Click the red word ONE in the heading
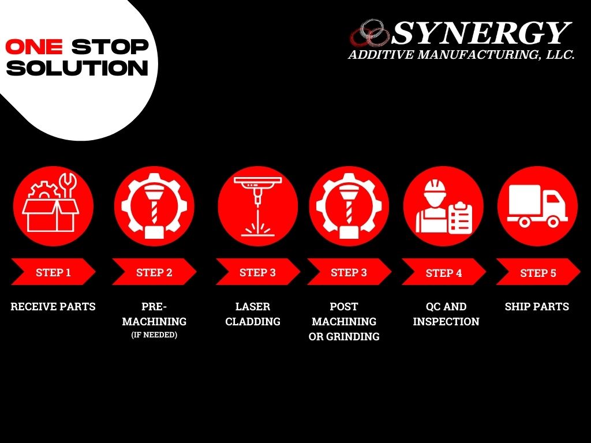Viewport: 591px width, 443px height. tap(33, 47)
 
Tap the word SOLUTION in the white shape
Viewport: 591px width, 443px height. tap(78, 68)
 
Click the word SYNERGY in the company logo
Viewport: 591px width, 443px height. tap(481, 33)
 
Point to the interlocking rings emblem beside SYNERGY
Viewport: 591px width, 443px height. tap(371, 33)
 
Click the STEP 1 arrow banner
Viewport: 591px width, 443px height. tap(53, 272)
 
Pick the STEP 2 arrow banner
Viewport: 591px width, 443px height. tap(154, 272)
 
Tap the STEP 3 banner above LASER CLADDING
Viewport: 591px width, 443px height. tap(257, 272)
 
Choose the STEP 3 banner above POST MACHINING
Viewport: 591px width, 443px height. tap(349, 272)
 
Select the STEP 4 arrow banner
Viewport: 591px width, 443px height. tap(443, 273)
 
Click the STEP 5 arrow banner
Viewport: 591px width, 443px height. tap(538, 273)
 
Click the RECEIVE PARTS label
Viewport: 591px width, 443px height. tap(53, 307)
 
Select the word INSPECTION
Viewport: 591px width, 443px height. tap(446, 322)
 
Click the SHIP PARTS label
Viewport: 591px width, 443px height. tap(537, 307)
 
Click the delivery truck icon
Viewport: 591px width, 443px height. tap(537, 205)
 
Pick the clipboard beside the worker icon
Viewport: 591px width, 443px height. tap(460, 218)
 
